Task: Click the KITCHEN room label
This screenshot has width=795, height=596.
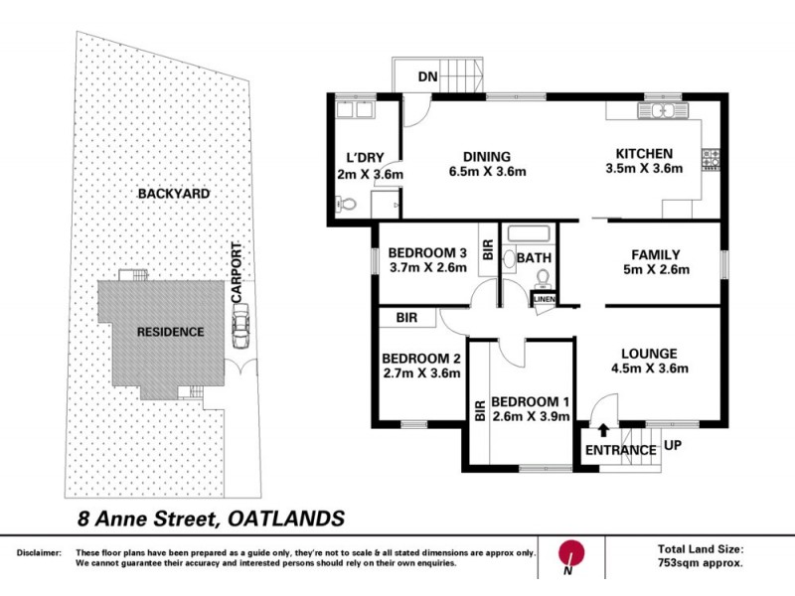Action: coord(644,154)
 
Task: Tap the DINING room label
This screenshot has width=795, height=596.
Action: coord(486,156)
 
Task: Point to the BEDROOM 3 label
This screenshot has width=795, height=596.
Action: coord(426,251)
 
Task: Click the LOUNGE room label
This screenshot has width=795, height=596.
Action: coord(649,353)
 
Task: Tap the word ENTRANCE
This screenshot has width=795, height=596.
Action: coord(620,450)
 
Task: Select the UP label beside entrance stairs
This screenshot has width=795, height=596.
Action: coord(674,446)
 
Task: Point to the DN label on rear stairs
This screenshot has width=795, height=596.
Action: coord(427,76)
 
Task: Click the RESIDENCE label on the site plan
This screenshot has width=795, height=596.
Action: coord(170,332)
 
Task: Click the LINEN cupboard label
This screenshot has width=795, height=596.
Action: coord(544,299)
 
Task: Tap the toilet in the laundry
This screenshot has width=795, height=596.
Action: coord(346,206)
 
